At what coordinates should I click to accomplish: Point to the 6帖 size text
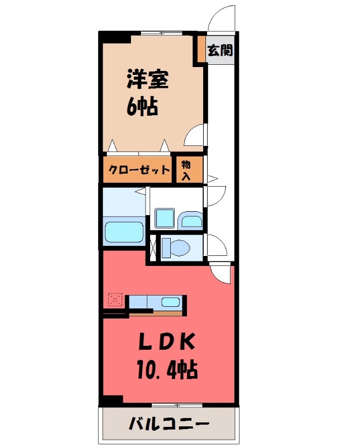coord(141,106)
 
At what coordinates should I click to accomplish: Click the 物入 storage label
coord(186,169)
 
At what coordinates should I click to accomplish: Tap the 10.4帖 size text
coord(167,369)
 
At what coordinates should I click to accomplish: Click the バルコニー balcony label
coord(169,424)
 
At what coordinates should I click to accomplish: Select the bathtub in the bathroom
coord(124,231)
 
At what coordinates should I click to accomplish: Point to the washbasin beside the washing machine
coord(191,221)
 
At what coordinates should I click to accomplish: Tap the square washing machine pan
coord(165,218)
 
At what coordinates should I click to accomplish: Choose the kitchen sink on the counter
coord(170,302)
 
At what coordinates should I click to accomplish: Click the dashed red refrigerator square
coord(116,301)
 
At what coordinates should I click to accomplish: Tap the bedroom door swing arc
coord(195,134)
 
